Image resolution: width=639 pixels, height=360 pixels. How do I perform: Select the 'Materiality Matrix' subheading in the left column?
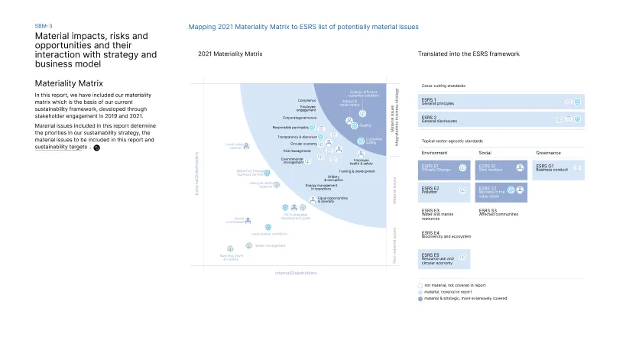[70, 83]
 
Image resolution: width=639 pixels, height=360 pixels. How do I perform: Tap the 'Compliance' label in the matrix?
[307, 101]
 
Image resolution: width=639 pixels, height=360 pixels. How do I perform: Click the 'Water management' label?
[270, 246]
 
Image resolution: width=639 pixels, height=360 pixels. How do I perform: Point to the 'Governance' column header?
[548, 153]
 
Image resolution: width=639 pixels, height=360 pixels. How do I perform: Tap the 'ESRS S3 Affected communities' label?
[498, 213]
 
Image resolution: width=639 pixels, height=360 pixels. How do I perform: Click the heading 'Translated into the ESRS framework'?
[469, 54]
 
